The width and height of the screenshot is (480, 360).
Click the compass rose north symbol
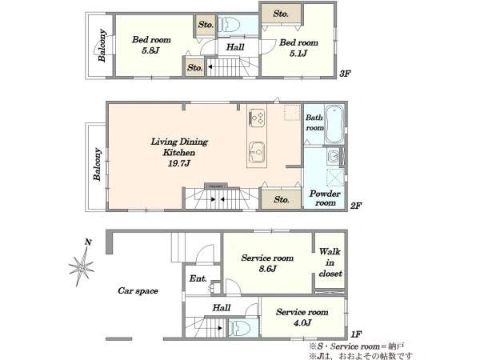coord(81,263)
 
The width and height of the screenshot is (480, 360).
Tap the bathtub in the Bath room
coord(334,124)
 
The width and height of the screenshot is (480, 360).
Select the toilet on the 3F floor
coord(229,24)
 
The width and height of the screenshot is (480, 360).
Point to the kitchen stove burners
coord(257,118)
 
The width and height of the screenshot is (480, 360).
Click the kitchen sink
coord(257,153)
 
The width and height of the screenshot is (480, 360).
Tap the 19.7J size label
coord(179,163)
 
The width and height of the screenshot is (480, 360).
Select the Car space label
coord(138,290)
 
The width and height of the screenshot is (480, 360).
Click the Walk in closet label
coord(330,262)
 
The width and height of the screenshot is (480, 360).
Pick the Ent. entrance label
coord(198,278)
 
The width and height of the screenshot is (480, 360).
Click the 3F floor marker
coord(345,74)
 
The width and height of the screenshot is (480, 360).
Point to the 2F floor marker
coord(356,206)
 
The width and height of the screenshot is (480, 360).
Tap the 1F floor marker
coord(356,334)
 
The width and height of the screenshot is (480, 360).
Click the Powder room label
coord(325,198)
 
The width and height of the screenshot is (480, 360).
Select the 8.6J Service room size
coord(267,269)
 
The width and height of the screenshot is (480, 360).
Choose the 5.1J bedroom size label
coord(298,54)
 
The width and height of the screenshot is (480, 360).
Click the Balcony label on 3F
coord(102,46)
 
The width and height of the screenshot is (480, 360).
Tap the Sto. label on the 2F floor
coord(282,199)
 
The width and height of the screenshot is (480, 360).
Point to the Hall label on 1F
coord(222,308)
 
